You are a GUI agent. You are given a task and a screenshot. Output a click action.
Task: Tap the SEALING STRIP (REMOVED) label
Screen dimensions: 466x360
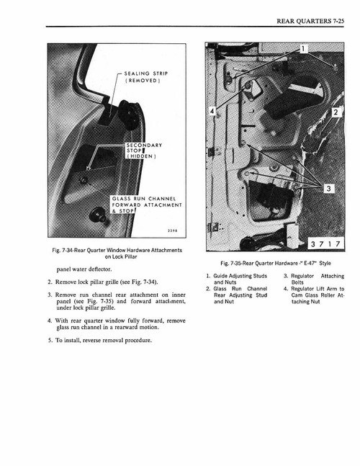point(146,77)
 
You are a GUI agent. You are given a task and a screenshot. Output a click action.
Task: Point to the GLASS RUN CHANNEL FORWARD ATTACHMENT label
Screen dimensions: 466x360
point(146,205)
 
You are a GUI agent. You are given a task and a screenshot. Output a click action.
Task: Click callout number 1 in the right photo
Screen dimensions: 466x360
point(305,50)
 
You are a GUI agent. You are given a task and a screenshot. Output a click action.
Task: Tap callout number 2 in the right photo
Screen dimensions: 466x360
point(336,112)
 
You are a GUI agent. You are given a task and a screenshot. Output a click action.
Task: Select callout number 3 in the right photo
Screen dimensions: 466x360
point(328,189)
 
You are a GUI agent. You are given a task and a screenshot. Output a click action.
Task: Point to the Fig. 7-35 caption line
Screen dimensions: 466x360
point(275,262)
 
